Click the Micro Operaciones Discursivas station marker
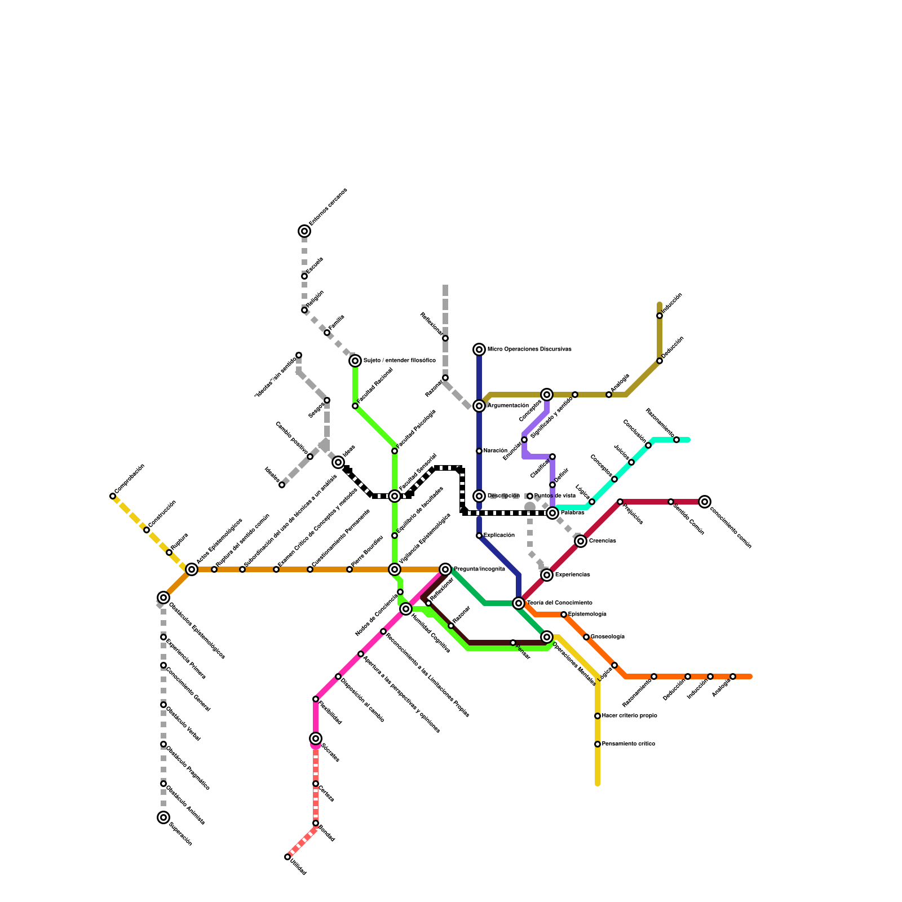click(479, 350)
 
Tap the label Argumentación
click(508, 406)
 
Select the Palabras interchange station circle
click(552, 513)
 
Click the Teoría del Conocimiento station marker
click(519, 603)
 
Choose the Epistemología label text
click(587, 614)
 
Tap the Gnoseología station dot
click(586, 637)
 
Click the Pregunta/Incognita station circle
click(445, 569)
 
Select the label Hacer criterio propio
click(629, 716)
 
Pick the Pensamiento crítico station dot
click(598, 744)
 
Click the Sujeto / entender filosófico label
click(399, 361)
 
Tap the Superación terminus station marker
click(163, 817)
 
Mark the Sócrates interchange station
click(316, 739)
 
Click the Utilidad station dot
click(288, 857)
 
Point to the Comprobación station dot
click(113, 496)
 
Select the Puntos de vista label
click(555, 496)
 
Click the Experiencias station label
click(572, 575)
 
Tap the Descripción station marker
click(479, 496)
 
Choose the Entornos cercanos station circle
click(304, 231)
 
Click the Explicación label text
click(499, 536)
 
